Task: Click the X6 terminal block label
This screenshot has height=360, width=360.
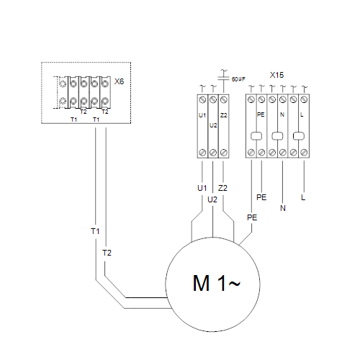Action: coord(119,81)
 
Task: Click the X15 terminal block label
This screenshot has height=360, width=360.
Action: coord(276,75)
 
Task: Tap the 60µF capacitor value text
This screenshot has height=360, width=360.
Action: coord(238,79)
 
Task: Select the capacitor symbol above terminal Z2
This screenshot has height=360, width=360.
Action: coord(224,78)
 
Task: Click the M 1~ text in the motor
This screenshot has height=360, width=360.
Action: coord(216,283)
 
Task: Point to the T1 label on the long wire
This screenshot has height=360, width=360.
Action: coord(95,231)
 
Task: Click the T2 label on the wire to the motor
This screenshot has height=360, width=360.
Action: coord(107,253)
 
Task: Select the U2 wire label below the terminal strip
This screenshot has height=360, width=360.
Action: coord(212,199)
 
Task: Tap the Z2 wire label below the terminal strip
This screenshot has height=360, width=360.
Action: coord(222,188)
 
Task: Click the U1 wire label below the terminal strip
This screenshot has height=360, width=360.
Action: coord(202,188)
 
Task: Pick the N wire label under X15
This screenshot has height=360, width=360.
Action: coord(283,208)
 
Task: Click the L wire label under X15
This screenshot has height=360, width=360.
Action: coord(303,197)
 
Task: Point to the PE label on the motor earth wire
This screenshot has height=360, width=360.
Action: coord(252,217)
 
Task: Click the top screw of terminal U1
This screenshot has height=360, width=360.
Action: coord(202,99)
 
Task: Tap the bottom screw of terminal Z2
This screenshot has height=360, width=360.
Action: coord(224,153)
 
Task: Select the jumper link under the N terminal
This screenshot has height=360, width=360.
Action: coord(277,136)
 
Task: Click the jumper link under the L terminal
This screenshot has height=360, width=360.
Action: coord(299,136)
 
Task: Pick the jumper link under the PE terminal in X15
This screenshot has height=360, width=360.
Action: coord(256,136)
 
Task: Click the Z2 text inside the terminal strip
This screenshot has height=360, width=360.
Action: coord(224,115)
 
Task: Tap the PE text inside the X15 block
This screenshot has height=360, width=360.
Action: coord(261,114)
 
